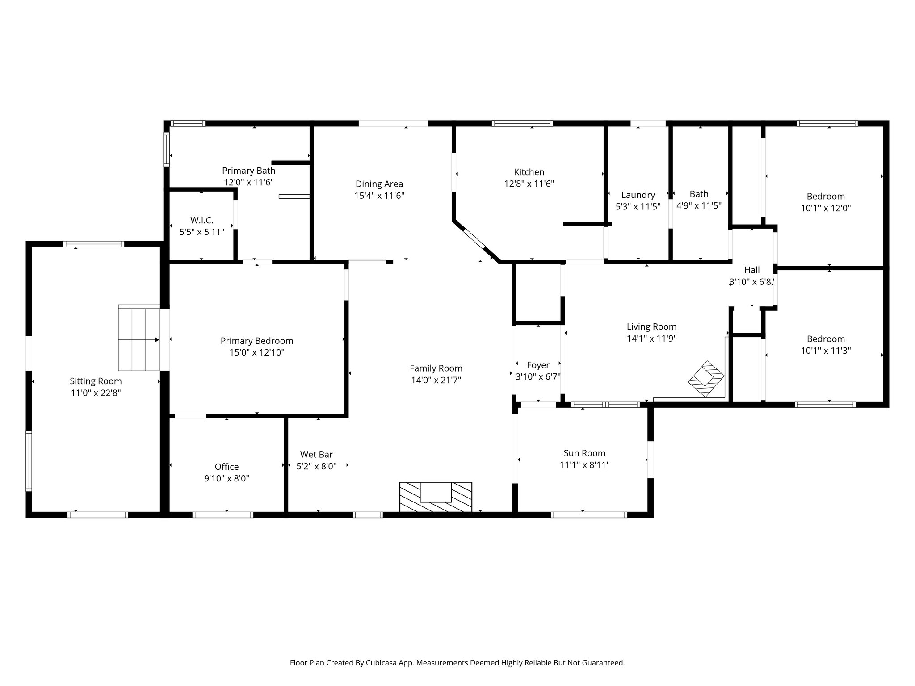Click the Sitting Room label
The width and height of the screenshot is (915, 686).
point(96,381)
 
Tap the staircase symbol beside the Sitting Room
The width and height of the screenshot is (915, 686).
point(139,338)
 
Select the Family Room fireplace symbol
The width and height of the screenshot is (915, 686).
point(436,497)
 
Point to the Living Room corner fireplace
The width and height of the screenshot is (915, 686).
point(706,379)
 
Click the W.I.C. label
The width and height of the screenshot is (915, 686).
point(202,220)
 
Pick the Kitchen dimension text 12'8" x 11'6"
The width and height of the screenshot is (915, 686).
point(529,184)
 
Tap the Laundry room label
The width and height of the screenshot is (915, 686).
point(638,195)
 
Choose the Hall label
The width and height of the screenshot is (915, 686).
point(752,270)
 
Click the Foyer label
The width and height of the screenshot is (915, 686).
point(538,365)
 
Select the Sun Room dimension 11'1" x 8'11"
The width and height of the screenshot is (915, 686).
point(584,465)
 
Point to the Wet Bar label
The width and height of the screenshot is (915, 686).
point(316,454)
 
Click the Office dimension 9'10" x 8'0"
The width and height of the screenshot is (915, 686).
point(227,478)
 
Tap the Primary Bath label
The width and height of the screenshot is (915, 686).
point(249,171)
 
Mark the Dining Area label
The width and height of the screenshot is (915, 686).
point(379,184)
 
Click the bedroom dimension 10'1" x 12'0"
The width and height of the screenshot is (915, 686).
point(826,208)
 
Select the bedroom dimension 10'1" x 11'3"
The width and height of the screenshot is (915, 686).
point(826,351)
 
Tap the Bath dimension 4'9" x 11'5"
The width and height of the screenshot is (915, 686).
point(699,205)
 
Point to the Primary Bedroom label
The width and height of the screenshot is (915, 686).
point(257,341)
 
